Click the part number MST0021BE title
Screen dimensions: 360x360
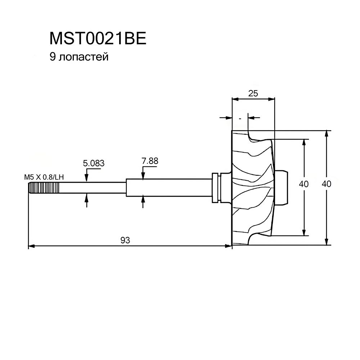98,39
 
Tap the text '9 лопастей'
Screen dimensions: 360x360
79,57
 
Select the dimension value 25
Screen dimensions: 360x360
253,93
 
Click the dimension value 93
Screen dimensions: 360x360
125,240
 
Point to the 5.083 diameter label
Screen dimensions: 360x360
94,163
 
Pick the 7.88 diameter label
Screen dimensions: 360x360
150,161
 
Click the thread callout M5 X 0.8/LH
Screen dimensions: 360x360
44,177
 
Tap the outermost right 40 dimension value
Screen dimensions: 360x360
327,184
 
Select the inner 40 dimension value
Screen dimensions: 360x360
304,184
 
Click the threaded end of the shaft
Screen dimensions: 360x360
44,188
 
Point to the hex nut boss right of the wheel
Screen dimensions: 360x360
281,187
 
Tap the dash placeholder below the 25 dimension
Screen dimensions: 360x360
240,119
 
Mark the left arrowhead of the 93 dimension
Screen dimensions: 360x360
31,246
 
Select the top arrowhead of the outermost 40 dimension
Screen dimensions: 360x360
327,134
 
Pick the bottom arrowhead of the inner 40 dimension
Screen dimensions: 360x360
304,232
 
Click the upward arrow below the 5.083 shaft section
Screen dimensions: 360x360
86,201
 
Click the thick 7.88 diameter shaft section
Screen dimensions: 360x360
169,188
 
